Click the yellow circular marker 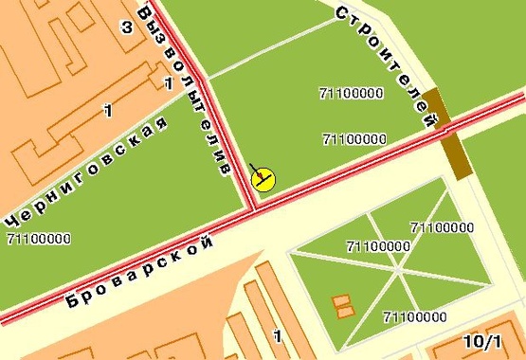pos(263,179)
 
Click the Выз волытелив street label pos(186,90)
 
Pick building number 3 pos(126,27)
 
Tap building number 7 pos(168,83)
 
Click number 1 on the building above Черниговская pos(108,112)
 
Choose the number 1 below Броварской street pos(277,335)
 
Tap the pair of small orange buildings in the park pos(343,306)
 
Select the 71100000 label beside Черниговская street pos(38,239)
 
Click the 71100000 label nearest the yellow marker pos(354,139)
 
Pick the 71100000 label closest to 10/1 pos(415,316)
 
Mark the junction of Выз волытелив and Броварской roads pos(252,206)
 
